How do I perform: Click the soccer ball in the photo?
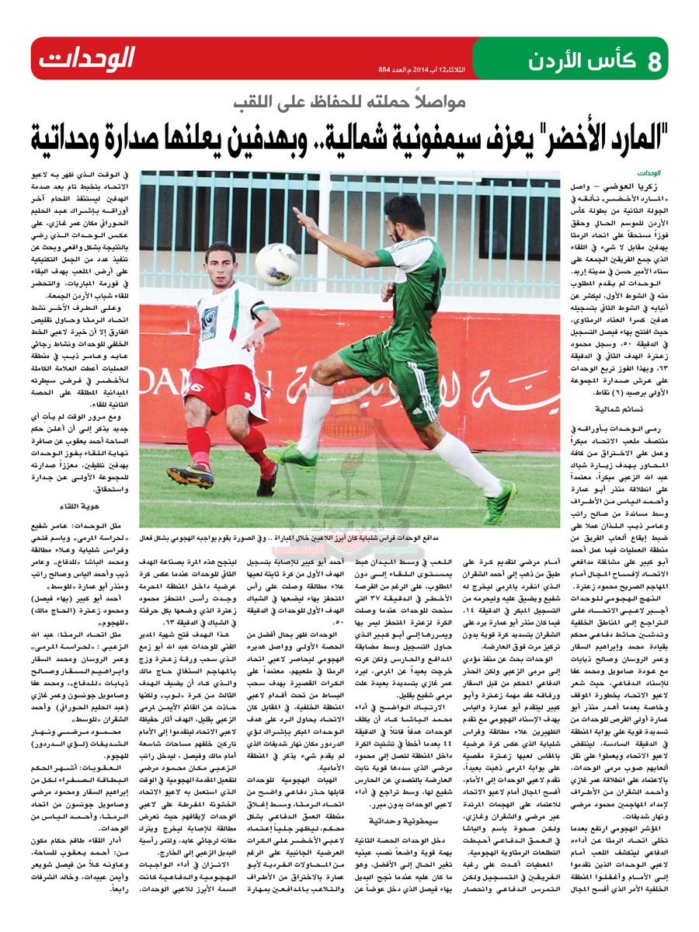pyautogui.click(x=277, y=264)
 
